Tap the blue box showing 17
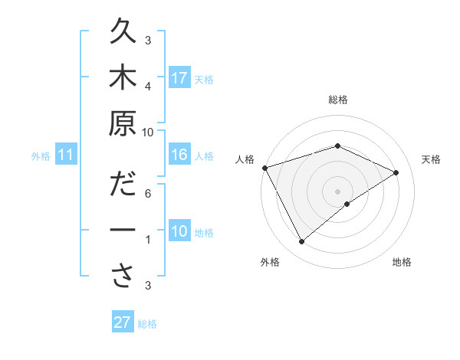tap(179, 78)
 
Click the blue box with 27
tap(123, 322)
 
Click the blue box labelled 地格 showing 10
tap(179, 231)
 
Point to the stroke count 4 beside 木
tap(148, 87)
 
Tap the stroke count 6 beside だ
tap(148, 193)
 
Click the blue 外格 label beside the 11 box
tap(41, 156)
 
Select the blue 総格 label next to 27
tap(147, 324)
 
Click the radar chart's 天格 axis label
tap(431, 159)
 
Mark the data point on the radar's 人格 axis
tap(264, 168)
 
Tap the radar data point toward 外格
tap(302, 242)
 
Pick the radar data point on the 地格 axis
tap(347, 204)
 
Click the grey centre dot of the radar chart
tap(337, 190)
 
